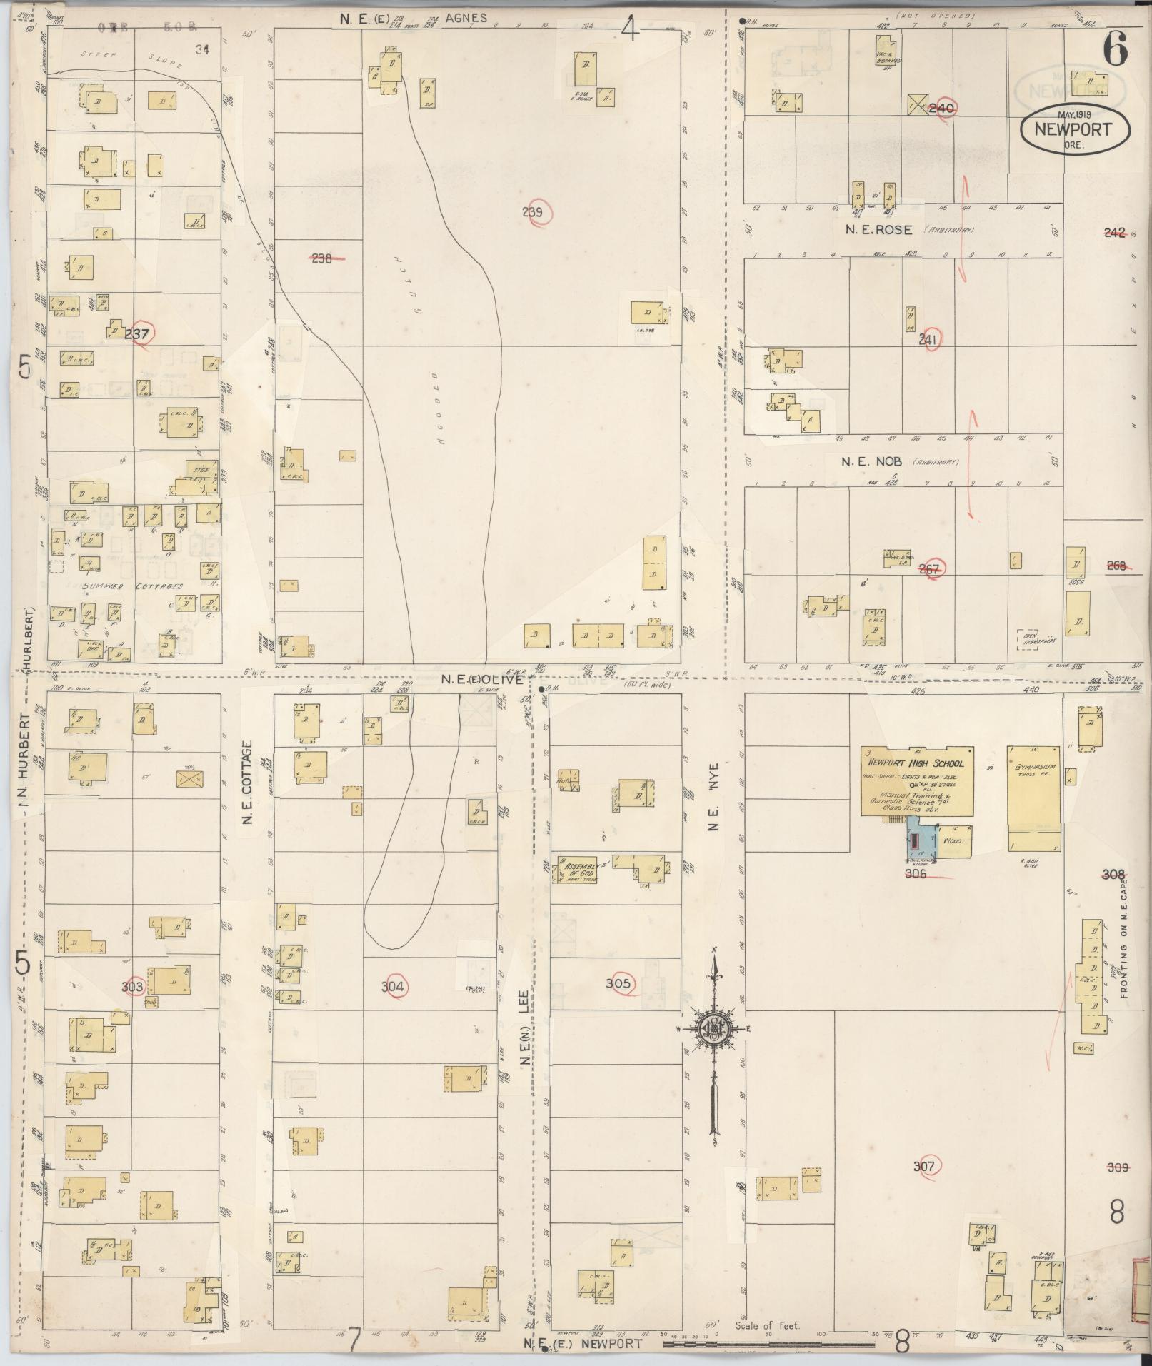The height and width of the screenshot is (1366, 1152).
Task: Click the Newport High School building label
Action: coord(916,763)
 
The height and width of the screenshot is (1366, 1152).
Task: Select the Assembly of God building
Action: coord(577,869)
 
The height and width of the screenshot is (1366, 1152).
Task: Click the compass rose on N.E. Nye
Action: coord(712,1028)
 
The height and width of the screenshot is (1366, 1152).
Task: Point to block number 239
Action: coord(533,212)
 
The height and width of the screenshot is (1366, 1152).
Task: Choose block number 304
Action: coord(392,987)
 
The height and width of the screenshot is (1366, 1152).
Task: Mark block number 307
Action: coord(924,1166)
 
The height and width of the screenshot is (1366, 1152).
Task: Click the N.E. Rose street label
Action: coord(878,230)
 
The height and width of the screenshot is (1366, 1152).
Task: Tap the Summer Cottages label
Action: coord(134,586)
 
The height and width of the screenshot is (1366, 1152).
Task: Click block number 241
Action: coord(928,341)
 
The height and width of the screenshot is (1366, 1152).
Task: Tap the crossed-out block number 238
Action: coord(321,258)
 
